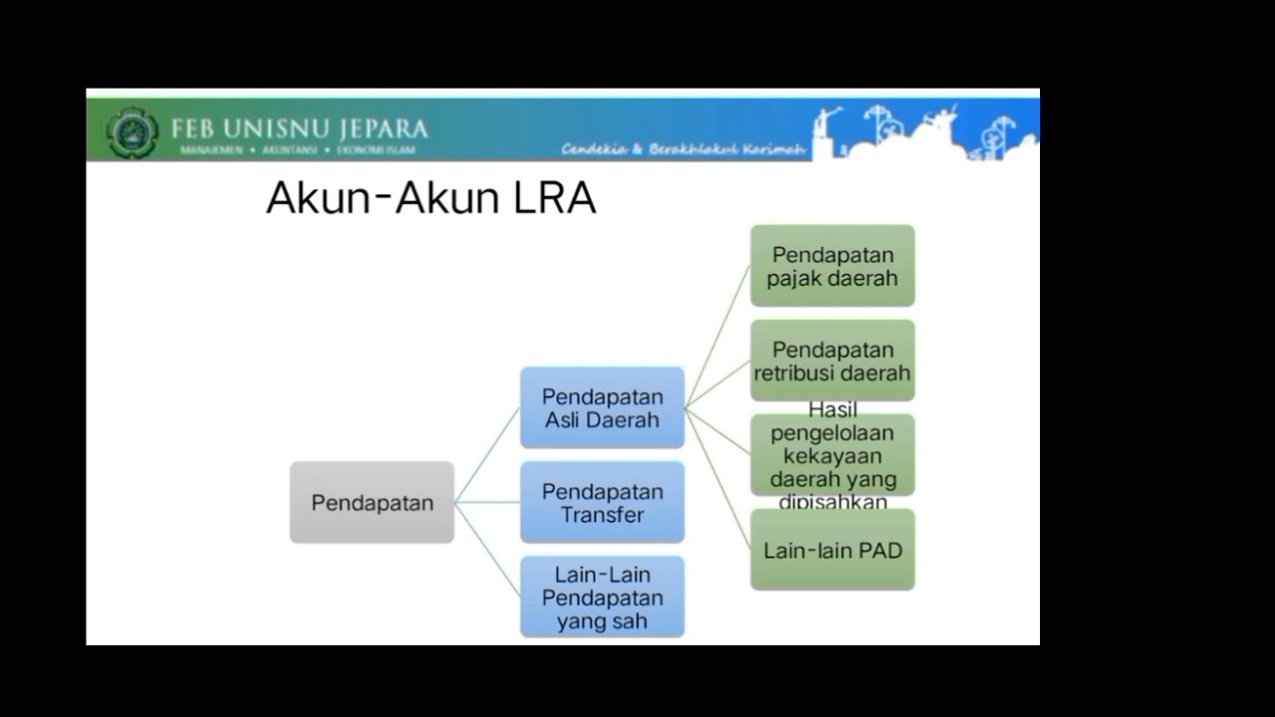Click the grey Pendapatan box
pyautogui.click(x=372, y=502)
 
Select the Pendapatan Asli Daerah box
pyautogui.click(x=602, y=407)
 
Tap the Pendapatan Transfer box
pyautogui.click(x=602, y=502)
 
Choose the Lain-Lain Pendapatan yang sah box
pyautogui.click(x=602, y=597)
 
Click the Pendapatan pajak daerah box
pyautogui.click(x=832, y=265)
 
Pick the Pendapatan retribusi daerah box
pyautogui.click(x=832, y=360)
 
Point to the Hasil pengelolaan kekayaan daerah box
pyautogui.click(x=832, y=455)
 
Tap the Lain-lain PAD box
pyautogui.click(x=832, y=550)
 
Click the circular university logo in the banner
pyautogui.click(x=132, y=132)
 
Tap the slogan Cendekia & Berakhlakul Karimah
pyautogui.click(x=682, y=149)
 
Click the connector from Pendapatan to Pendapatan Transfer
pyautogui.click(x=487, y=503)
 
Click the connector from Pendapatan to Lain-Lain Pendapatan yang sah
pyautogui.click(x=488, y=550)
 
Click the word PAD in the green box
pyautogui.click(x=881, y=550)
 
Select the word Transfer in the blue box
pyautogui.click(x=602, y=515)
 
